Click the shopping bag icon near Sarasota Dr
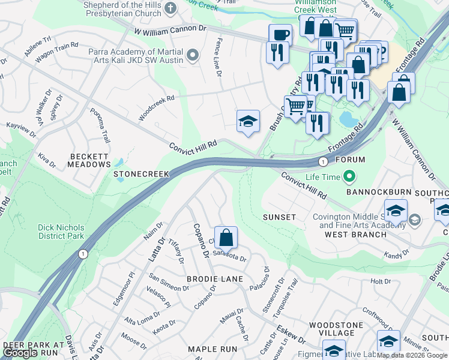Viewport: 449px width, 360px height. point(226,238)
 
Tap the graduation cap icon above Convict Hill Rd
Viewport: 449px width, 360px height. point(247,122)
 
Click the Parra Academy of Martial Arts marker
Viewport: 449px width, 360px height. point(192,56)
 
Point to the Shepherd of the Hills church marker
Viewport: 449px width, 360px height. point(170,8)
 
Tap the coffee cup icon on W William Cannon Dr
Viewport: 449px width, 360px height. point(280,34)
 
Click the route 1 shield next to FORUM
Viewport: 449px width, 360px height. point(323,161)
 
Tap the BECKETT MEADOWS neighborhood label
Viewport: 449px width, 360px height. point(89,160)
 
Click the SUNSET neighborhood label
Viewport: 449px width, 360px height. point(279,217)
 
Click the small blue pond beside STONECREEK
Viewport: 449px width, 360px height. point(118,163)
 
